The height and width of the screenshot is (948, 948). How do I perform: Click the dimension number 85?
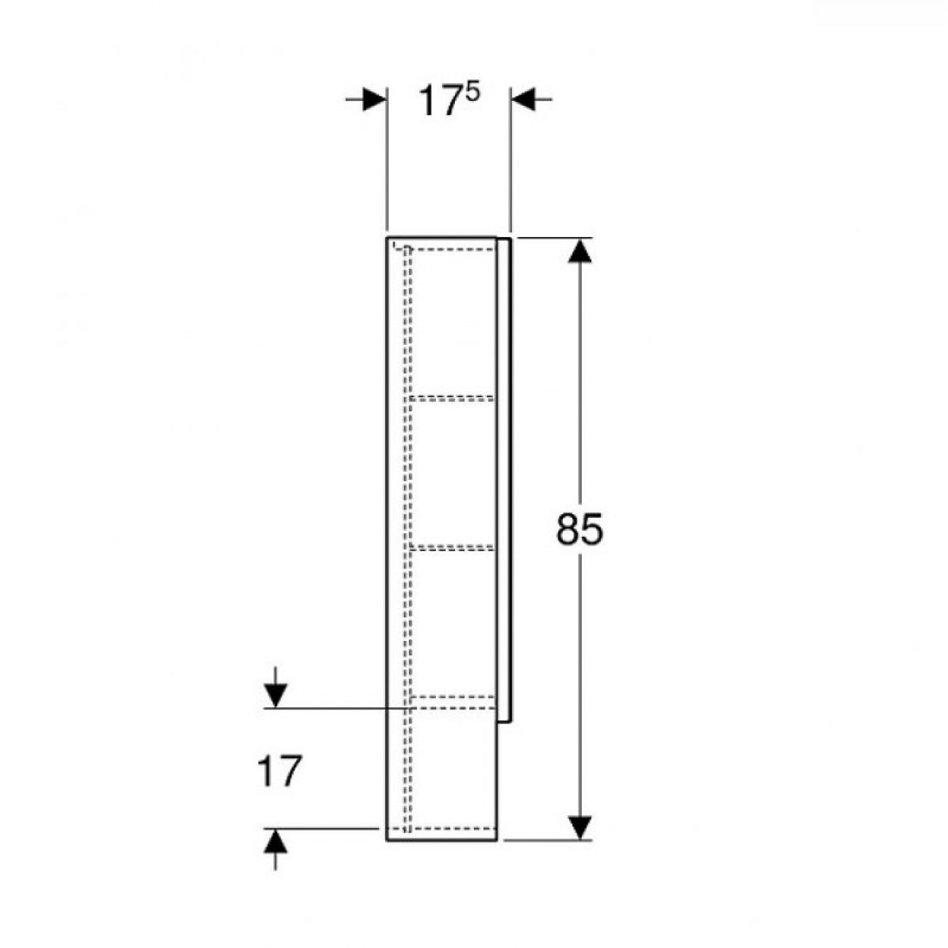[579, 529]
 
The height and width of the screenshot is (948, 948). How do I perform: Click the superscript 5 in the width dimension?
[472, 93]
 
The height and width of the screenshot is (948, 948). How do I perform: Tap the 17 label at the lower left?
[279, 772]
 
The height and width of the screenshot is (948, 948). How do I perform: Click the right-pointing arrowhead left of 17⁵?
[374, 99]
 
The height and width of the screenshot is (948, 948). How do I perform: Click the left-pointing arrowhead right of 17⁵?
[523, 99]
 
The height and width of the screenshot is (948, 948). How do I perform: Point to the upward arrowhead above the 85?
[580, 251]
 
